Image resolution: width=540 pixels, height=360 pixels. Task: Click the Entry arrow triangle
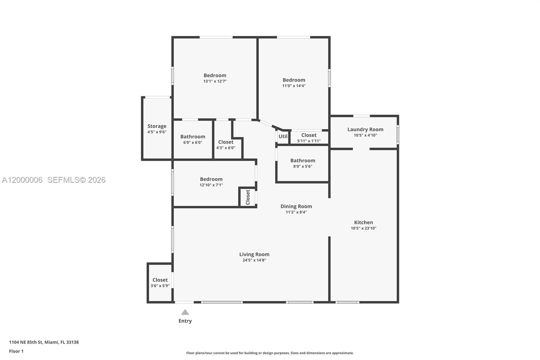(x=185, y=312)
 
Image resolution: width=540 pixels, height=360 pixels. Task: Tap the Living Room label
(x=254, y=254)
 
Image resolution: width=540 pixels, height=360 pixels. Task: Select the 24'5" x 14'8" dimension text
(x=254, y=260)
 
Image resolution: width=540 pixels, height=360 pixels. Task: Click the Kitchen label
(x=363, y=222)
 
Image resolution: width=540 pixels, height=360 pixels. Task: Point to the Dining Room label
(x=296, y=206)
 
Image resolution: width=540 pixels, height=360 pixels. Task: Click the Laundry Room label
(x=365, y=129)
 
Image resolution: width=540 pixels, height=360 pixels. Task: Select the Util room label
(x=283, y=136)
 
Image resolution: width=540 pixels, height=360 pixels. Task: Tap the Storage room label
(x=157, y=126)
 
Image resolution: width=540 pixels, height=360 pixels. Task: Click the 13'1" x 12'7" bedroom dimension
(x=215, y=81)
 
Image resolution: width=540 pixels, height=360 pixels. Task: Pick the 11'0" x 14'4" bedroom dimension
(x=294, y=86)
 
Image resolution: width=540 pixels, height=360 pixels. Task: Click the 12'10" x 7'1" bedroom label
(x=211, y=179)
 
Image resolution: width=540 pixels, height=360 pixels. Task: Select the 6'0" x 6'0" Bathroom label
(x=192, y=137)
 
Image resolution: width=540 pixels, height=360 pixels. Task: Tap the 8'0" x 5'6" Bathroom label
(x=302, y=161)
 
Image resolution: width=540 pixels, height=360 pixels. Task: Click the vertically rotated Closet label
(x=248, y=197)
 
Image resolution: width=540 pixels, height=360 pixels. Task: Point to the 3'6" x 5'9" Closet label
(x=160, y=280)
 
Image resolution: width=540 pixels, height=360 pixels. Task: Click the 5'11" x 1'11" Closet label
(x=309, y=135)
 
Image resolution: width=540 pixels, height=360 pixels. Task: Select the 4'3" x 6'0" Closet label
(x=225, y=142)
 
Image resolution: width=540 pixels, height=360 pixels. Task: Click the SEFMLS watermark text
(x=76, y=180)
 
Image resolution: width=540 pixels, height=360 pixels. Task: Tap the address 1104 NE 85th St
(x=44, y=342)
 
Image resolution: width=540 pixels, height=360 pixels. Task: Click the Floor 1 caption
(x=16, y=351)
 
